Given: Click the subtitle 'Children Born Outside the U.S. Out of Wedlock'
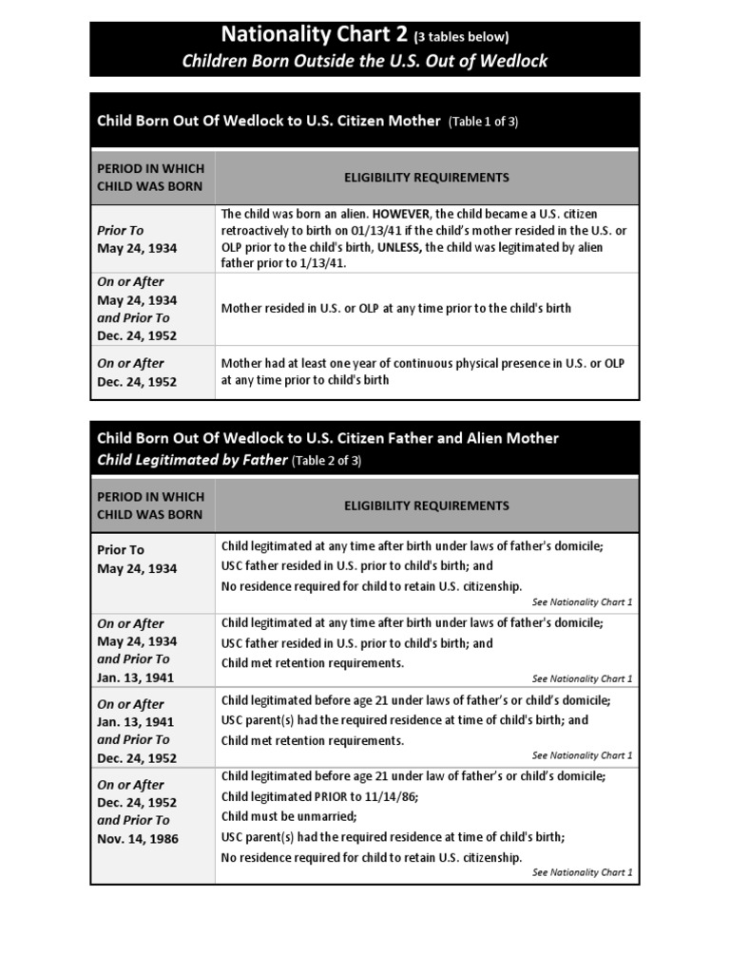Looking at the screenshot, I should [x=365, y=62].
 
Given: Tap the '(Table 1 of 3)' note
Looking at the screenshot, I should [x=484, y=122].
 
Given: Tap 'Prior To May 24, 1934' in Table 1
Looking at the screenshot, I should [x=137, y=239].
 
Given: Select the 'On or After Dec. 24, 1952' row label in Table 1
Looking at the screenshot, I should [x=137, y=372].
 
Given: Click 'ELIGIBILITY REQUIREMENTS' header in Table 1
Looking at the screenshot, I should [x=426, y=178].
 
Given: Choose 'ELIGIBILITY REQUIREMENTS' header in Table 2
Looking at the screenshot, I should [x=426, y=506].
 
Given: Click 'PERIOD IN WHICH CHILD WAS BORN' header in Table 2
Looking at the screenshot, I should [x=150, y=506].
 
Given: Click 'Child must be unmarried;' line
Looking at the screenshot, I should [x=289, y=816].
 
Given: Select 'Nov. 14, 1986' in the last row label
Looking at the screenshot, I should [x=137, y=839].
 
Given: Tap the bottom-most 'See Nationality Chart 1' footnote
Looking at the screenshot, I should [x=582, y=872].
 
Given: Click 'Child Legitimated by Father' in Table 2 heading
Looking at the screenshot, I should [x=192, y=461].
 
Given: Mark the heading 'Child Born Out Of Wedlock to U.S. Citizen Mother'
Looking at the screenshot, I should [x=269, y=122].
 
